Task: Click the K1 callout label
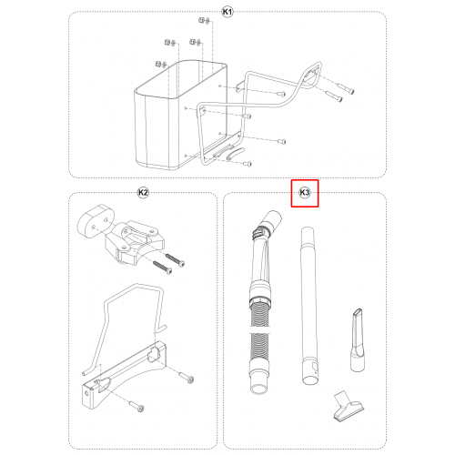click(227, 12)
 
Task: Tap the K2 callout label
click(143, 193)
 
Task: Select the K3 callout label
click(305, 193)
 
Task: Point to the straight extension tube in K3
click(309, 305)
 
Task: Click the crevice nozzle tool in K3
click(357, 339)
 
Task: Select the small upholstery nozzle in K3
click(349, 407)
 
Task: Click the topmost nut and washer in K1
click(205, 21)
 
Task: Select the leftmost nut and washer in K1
click(161, 65)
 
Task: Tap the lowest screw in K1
click(248, 164)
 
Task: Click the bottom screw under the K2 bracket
click(136, 406)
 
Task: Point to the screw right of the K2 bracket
click(187, 377)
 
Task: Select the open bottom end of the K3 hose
click(259, 389)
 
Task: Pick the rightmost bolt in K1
click(346, 88)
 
